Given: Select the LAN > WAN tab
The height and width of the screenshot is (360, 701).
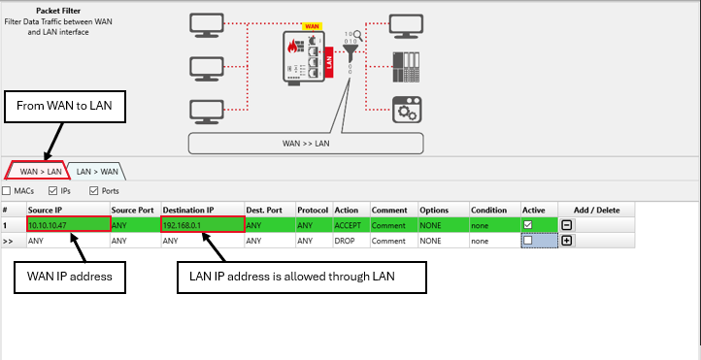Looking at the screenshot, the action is point(97,172).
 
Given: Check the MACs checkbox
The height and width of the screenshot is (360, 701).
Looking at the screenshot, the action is point(6,191).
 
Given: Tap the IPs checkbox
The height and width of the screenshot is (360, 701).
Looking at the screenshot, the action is point(52,191).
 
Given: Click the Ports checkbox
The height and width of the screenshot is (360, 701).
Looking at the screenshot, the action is point(93,191).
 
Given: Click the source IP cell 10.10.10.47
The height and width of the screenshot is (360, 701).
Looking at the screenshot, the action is point(68,225).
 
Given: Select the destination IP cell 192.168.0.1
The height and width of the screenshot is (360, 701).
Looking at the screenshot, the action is point(203,225).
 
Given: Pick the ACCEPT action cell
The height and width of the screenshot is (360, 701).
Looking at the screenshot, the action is point(351,225).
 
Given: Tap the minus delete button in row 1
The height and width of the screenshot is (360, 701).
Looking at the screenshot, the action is point(566,225).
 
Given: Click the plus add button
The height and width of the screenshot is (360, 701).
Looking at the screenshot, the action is point(566,241).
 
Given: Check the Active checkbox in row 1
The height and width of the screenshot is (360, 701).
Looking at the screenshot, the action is point(527,225).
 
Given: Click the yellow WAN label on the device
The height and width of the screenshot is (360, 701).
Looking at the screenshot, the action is point(313,26).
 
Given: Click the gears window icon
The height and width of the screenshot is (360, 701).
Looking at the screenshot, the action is point(407,110).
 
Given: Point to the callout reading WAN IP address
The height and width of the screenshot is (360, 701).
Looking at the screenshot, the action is point(70,277).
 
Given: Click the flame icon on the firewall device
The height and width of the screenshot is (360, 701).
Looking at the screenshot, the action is point(293,47).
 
